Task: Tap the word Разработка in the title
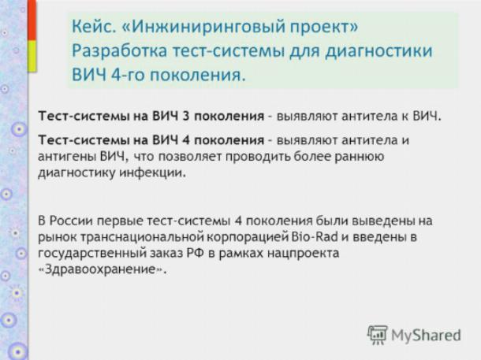coord(120,51)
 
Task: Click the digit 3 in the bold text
coord(185,116)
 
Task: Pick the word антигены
coord(66,157)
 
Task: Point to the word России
coord(71,221)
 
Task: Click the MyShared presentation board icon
coord(378,335)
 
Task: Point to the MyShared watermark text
coord(426,335)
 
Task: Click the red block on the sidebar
coord(32,20)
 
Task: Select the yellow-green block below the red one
coord(32,56)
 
